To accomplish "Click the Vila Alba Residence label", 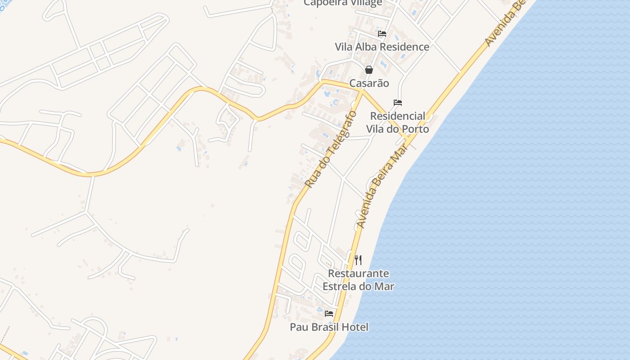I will point(382,47).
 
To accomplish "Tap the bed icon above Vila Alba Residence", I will point(382,34).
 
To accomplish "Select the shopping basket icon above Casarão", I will point(369,70).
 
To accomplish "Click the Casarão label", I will point(369,83).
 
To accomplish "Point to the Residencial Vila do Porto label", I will point(397,122).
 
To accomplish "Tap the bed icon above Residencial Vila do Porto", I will point(398,103).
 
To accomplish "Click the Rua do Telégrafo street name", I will point(331,149).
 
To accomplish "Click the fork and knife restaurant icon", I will point(358,260).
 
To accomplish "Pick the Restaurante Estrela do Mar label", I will point(358,279).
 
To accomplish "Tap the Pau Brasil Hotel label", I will point(329,327).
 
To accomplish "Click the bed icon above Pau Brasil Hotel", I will point(329,314).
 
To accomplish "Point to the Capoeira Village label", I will point(343,3).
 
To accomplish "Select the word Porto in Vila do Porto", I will point(416,129).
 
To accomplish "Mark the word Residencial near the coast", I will point(397,116).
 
